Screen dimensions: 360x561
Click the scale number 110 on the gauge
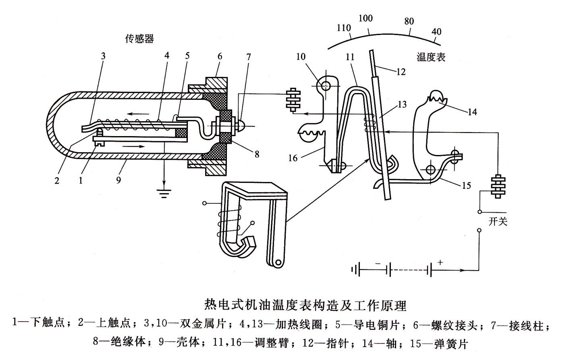click(x=344, y=28)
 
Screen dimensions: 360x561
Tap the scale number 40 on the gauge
click(x=436, y=31)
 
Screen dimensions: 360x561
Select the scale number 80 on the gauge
click(x=409, y=21)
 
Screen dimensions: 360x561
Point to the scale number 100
click(x=366, y=18)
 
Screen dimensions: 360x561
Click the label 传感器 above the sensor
click(x=139, y=39)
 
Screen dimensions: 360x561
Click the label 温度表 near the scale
click(x=431, y=57)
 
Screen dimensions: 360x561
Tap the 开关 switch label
click(x=498, y=221)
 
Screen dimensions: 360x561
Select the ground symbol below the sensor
click(x=163, y=194)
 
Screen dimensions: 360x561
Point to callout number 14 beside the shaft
click(x=472, y=112)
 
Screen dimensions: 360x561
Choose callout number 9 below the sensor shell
click(x=118, y=181)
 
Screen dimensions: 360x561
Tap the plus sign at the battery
click(x=440, y=262)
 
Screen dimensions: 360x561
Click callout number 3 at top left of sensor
click(x=103, y=56)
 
